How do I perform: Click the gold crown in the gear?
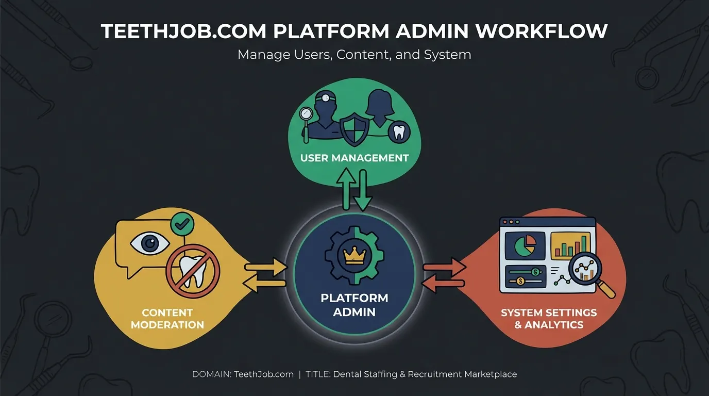click(x=354, y=255)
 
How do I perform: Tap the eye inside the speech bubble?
click(x=150, y=243)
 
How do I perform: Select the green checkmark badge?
click(x=182, y=224)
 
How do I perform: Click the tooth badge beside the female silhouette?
click(x=399, y=132)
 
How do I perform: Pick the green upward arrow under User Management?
click(x=346, y=189)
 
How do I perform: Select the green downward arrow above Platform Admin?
click(x=363, y=190)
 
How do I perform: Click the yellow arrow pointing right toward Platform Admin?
click(x=265, y=267)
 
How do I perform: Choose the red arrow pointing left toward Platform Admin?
click(x=444, y=283)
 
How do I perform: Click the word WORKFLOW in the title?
click(x=542, y=31)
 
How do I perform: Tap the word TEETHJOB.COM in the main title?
click(x=183, y=31)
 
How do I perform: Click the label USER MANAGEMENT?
click(x=354, y=158)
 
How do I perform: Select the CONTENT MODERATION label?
click(x=167, y=319)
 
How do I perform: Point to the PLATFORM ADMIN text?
click(x=354, y=305)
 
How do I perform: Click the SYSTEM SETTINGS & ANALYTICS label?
click(x=549, y=319)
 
